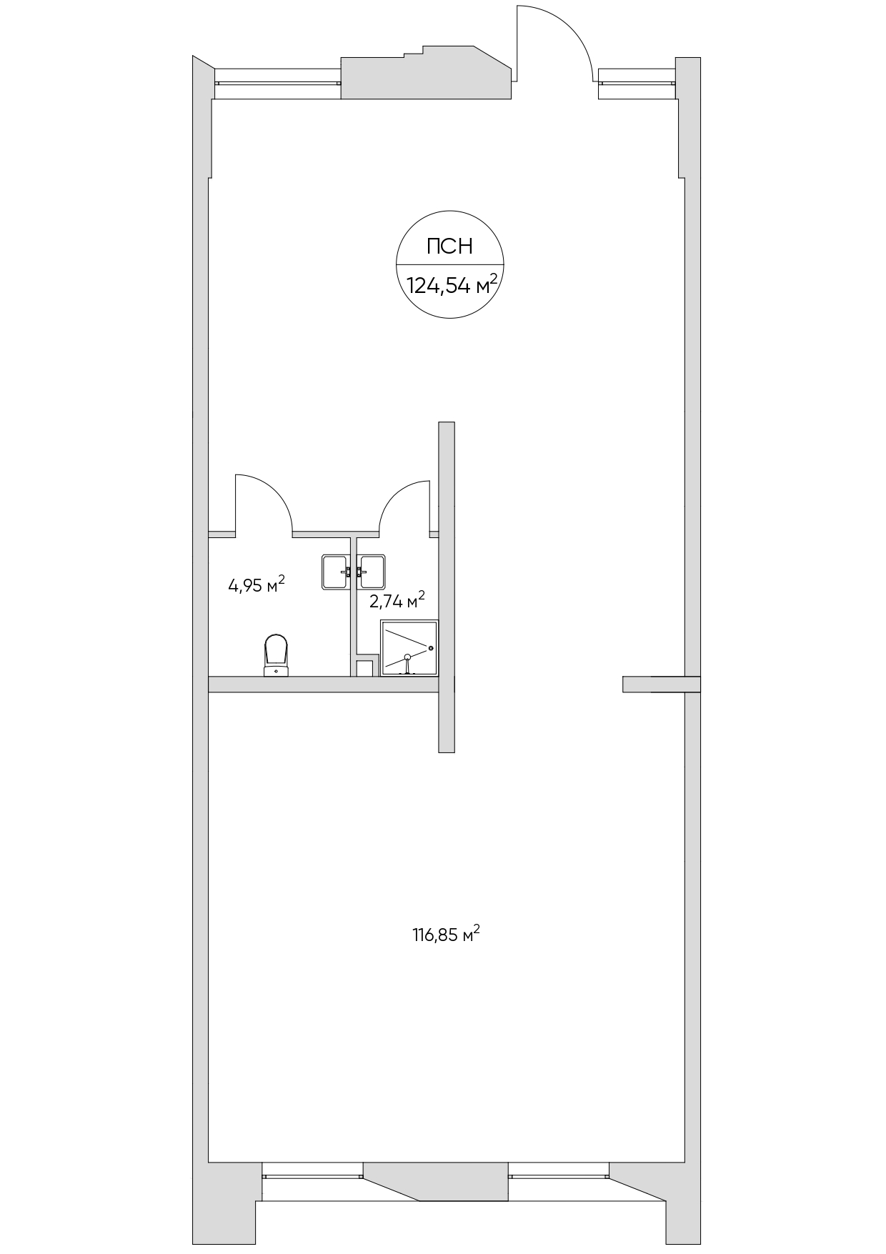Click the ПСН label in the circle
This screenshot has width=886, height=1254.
(x=449, y=247)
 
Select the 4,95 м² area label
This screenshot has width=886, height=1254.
(x=257, y=585)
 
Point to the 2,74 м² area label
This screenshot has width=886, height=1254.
(x=397, y=599)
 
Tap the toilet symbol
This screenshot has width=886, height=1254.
(x=276, y=655)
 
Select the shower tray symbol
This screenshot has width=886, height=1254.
(x=409, y=649)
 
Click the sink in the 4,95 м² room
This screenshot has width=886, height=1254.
(x=337, y=572)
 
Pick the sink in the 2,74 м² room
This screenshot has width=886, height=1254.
(x=372, y=572)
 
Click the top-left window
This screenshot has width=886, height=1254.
(x=277, y=77)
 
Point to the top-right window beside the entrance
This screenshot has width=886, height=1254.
(x=637, y=76)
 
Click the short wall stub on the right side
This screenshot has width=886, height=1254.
(x=661, y=684)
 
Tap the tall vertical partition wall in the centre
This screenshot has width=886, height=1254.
(x=447, y=587)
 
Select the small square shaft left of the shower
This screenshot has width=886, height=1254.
(x=364, y=668)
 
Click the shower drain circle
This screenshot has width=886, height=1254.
(x=407, y=657)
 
